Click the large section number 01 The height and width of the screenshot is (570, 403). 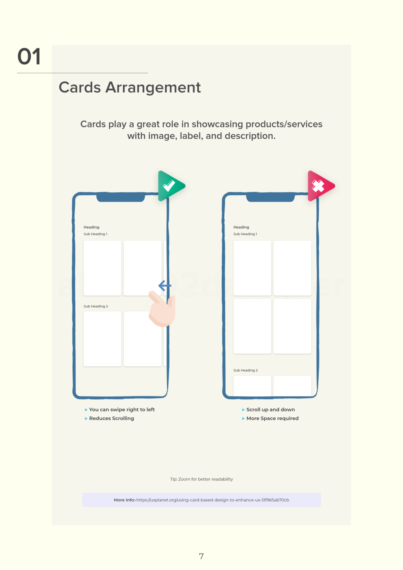(x=29, y=57)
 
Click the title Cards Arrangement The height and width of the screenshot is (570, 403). (x=130, y=88)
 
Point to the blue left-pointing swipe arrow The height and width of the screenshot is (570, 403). (x=165, y=285)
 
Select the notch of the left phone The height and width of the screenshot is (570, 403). (x=121, y=197)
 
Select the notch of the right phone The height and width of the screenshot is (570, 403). (x=270, y=197)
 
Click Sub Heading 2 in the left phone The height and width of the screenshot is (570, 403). (x=96, y=306)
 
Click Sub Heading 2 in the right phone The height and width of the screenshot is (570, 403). (x=245, y=370)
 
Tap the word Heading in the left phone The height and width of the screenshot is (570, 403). (x=91, y=227)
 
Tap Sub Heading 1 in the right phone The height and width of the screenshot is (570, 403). (x=245, y=234)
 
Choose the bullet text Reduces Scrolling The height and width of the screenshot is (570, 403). (x=111, y=418)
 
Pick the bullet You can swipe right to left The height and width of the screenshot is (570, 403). (x=122, y=409)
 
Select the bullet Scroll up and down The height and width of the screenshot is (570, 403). (x=271, y=409)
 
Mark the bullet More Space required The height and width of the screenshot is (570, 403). (x=272, y=418)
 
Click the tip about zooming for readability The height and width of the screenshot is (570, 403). (x=201, y=479)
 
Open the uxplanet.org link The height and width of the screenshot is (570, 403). (x=213, y=500)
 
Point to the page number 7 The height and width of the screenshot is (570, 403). (x=201, y=556)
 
